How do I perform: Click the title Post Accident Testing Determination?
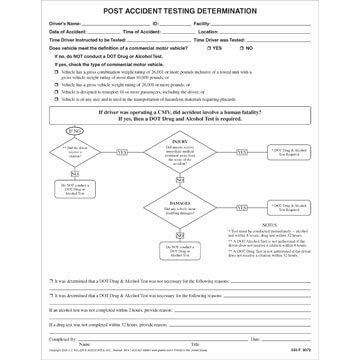(x=181, y=9)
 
